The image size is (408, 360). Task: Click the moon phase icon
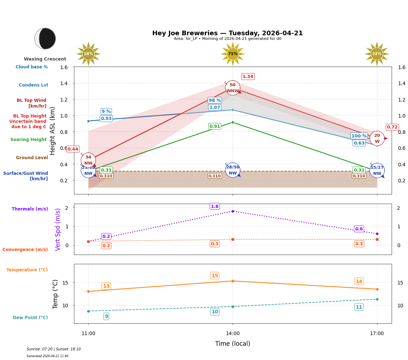tap(45, 38)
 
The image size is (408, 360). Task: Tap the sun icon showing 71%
tap(233, 54)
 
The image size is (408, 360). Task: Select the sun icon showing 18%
tap(88, 54)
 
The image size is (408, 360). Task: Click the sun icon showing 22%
tap(377, 54)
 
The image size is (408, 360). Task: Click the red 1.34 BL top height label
tap(248, 77)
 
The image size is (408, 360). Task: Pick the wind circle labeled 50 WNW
tap(233, 88)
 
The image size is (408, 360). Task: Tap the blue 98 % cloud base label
tap(215, 100)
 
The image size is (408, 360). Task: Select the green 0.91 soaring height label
tap(215, 126)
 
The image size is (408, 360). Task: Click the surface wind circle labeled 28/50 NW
tap(233, 170)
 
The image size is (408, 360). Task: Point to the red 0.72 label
tap(392, 127)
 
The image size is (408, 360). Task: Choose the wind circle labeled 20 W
tap(377, 139)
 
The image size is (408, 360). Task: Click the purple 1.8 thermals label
tap(215, 207)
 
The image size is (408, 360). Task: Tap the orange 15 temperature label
tap(215, 276)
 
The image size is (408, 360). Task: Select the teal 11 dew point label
tap(359, 307)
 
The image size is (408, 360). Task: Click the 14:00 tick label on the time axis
tap(233, 334)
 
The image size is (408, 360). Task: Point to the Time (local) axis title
tap(233, 344)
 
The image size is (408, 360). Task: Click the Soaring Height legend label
tap(28, 140)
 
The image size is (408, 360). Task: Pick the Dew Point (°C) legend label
tap(30, 318)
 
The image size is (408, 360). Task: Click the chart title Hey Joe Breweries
tap(227, 33)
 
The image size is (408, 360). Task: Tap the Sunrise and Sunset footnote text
tap(54, 349)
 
